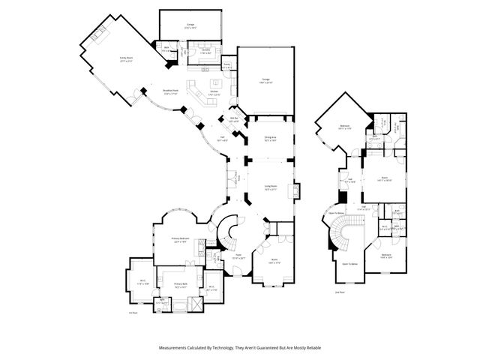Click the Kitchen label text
coord(214,91)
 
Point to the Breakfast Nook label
coord(169,91)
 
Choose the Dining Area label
coord(270,139)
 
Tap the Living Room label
coord(271,186)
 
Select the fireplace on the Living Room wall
coord(298,190)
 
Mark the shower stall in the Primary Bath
coord(197,303)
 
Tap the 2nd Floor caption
coord(339,291)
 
